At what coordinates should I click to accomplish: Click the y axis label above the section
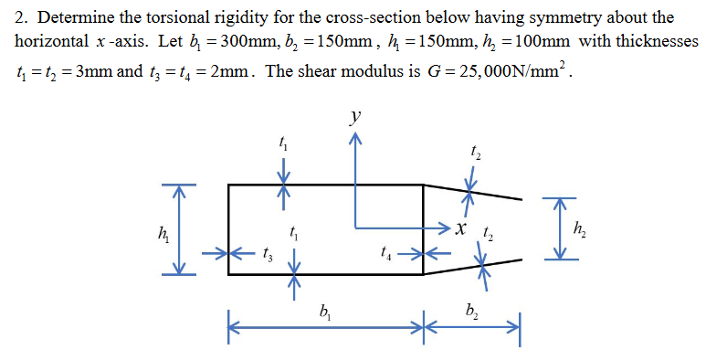[356, 117]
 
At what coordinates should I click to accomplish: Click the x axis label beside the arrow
[463, 227]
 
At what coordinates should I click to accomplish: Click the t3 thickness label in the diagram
[266, 255]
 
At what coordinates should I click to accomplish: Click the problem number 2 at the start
[20, 17]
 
